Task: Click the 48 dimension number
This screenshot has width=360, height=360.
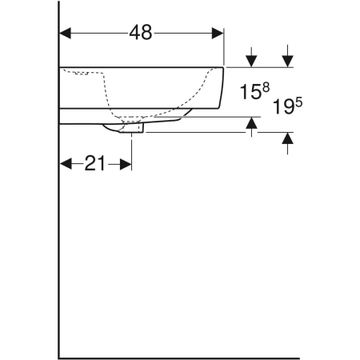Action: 141,33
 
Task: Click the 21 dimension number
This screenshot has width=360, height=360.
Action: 95,163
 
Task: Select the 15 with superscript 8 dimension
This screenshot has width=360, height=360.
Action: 254,90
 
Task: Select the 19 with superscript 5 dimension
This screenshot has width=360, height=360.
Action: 287,106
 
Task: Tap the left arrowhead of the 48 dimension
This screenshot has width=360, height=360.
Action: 65,33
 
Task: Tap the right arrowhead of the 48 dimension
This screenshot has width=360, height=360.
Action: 218,33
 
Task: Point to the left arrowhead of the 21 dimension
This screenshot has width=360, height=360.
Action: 66,164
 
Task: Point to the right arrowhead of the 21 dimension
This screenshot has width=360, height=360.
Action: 126,164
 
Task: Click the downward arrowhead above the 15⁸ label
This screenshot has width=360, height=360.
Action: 251,61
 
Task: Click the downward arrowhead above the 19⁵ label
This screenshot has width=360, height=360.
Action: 287,61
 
